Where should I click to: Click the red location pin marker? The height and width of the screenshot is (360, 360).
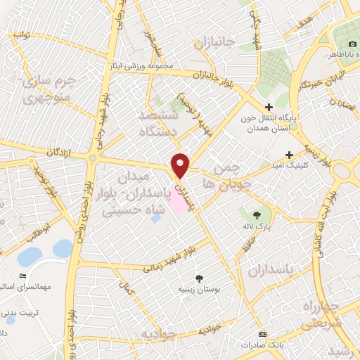click(x=181, y=165)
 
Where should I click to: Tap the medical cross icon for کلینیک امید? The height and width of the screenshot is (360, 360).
click(x=289, y=155)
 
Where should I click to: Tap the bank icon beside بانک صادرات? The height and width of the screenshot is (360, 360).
click(x=263, y=333)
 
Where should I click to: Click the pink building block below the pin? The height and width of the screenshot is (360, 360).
click(x=180, y=203)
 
